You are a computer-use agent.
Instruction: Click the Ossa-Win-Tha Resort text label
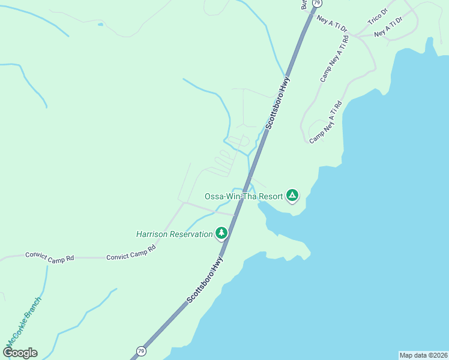pyautogui.click(x=243, y=196)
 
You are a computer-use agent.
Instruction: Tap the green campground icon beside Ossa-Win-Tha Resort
pyautogui.click(x=292, y=195)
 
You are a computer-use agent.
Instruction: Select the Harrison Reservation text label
pyautogui.click(x=174, y=234)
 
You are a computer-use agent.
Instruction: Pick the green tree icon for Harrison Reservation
pyautogui.click(x=221, y=233)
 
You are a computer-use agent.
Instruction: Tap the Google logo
pyautogui.click(x=20, y=352)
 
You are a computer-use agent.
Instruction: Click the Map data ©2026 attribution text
pyautogui.click(x=423, y=355)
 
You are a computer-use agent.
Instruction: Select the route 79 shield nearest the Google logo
pyautogui.click(x=140, y=350)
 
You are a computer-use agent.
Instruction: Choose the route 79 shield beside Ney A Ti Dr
pyautogui.click(x=316, y=3)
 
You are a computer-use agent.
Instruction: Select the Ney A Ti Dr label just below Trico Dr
pyautogui.click(x=388, y=28)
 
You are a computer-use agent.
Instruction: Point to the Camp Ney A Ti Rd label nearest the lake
pyautogui.click(x=326, y=122)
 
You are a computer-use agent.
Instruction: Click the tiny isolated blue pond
pyautogui.click(x=100, y=25)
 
